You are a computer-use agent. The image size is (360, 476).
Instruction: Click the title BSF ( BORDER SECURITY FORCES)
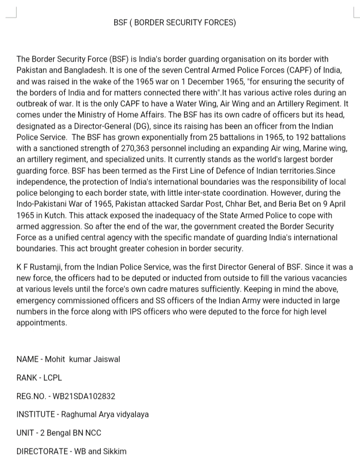[175, 23]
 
